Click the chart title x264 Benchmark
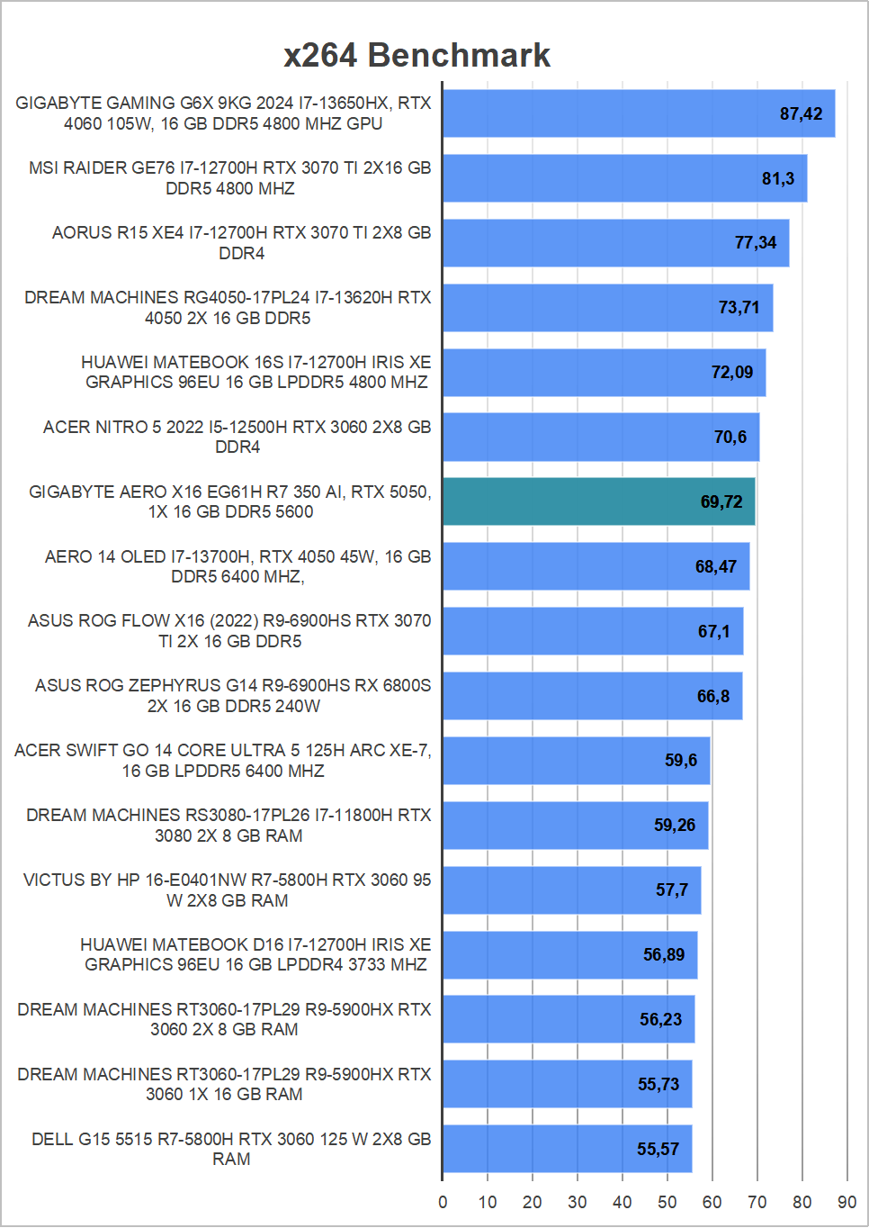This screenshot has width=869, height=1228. (417, 55)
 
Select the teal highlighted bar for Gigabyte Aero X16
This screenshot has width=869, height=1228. (598, 501)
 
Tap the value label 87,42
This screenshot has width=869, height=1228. (801, 113)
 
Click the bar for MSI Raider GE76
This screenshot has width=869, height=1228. (624, 178)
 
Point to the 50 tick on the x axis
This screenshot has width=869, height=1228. (667, 1202)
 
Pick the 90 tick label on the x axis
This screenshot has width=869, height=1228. (847, 1202)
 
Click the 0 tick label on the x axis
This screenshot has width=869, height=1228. (443, 1202)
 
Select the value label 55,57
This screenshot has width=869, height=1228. (658, 1149)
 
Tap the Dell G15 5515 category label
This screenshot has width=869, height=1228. (231, 1149)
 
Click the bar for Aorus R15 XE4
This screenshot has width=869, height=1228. (615, 243)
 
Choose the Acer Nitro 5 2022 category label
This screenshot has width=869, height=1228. (237, 437)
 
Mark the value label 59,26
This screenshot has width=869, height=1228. (674, 825)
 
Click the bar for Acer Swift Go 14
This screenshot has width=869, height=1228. (576, 761)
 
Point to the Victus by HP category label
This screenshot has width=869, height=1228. (228, 889)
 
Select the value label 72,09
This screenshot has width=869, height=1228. (731, 372)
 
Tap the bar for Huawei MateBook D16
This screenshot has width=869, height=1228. (569, 954)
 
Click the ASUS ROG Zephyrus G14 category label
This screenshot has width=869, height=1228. (233, 696)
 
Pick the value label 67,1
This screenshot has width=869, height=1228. (713, 631)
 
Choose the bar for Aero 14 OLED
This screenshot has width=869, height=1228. (596, 566)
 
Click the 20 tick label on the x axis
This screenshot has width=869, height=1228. (532, 1202)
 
